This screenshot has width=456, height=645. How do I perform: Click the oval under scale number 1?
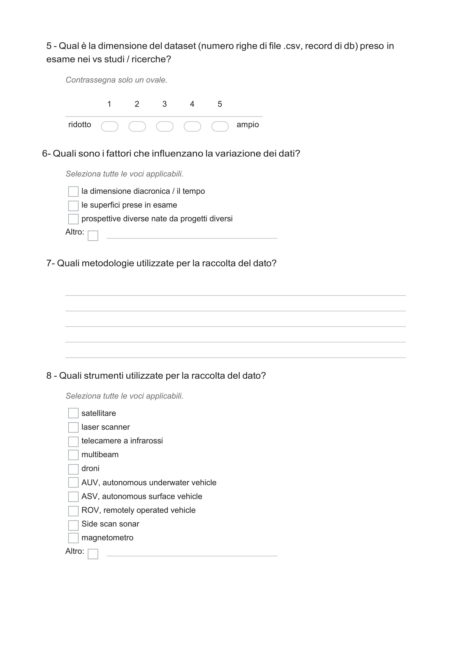point(109,126)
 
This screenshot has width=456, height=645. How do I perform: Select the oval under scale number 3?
point(165,126)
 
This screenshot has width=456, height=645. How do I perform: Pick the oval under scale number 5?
point(220,126)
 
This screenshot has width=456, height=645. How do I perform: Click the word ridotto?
point(80,124)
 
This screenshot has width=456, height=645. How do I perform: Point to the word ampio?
point(248,124)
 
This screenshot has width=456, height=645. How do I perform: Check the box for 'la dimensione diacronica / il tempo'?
point(73,192)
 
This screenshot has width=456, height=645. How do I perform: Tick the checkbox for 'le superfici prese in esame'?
point(73,206)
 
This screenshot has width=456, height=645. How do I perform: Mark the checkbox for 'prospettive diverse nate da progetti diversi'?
point(73,219)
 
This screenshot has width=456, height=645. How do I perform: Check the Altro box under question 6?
point(93,236)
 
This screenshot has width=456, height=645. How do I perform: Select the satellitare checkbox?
point(73,413)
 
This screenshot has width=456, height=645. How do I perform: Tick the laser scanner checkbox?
point(73,427)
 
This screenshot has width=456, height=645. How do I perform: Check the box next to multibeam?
point(73,455)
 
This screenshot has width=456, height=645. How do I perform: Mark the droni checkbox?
point(73,469)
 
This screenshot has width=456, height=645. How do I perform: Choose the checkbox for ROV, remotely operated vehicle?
point(73,511)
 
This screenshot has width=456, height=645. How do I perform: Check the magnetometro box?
point(73,538)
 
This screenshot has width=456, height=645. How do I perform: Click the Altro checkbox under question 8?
point(93,554)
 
